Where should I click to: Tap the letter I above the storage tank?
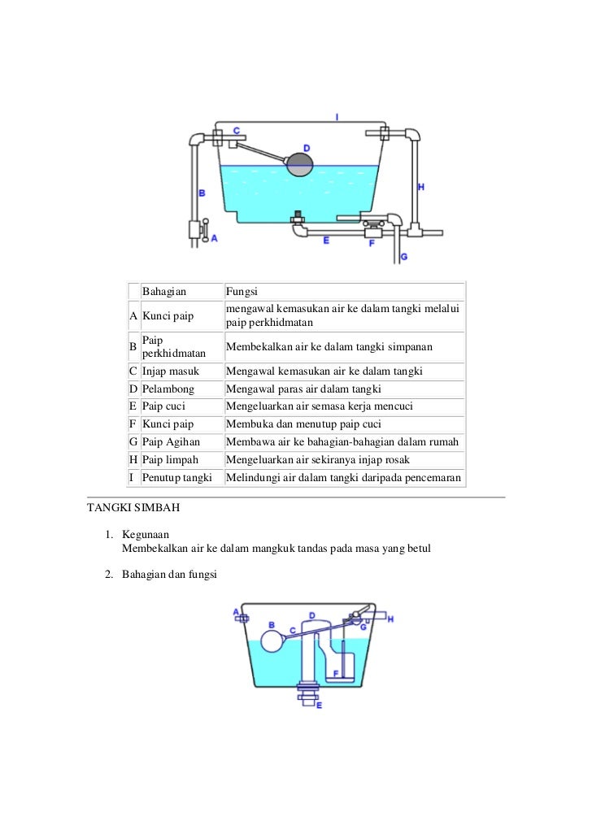[337, 117]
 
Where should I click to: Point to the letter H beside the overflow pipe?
[420, 187]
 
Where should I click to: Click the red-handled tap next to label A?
[205, 228]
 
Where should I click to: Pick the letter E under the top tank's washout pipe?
[326, 241]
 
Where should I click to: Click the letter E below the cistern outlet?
[319, 706]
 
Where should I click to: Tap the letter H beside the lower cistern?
[390, 619]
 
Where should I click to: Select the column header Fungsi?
[242, 291]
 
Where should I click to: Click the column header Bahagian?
[164, 291]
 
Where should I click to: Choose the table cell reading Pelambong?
[168, 389]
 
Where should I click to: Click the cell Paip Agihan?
[171, 442]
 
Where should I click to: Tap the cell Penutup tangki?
[176, 478]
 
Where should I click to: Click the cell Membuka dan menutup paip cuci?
[312, 424]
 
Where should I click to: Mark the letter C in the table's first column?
[133, 371]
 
